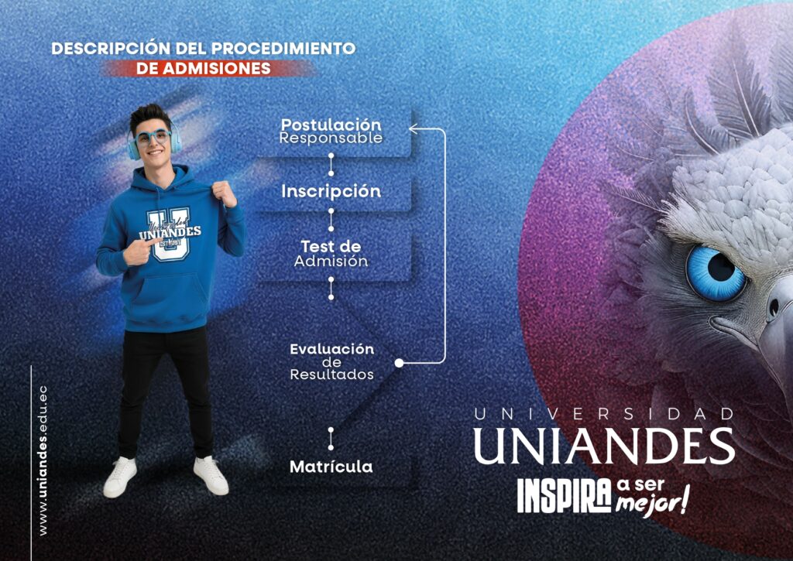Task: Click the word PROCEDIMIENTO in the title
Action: (x=283, y=49)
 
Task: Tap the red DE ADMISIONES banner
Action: (x=204, y=68)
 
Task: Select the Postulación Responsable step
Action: (x=331, y=131)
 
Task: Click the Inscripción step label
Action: (x=331, y=192)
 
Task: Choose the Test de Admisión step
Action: (x=331, y=254)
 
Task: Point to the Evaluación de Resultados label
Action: (x=331, y=362)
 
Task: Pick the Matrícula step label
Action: (x=331, y=467)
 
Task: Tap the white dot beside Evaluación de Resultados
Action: (x=399, y=362)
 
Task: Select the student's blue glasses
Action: (x=153, y=137)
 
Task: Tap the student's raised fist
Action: (x=224, y=193)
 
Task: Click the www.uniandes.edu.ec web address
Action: (x=43, y=460)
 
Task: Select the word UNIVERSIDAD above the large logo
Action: (x=604, y=414)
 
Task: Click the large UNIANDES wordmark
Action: (x=604, y=446)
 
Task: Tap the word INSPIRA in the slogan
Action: (x=564, y=496)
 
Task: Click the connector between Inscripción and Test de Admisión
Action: (x=331, y=219)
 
